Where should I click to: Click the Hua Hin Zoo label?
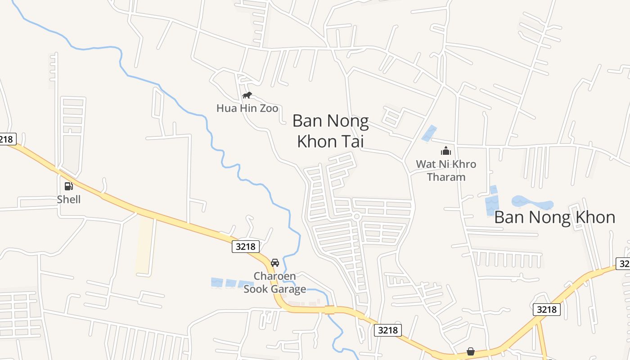pyautogui.click(x=247, y=108)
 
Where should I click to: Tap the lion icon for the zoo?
pyautogui.click(x=247, y=95)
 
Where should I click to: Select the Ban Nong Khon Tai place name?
pyautogui.click(x=330, y=131)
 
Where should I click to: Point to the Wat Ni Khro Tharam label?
pyautogui.click(x=446, y=170)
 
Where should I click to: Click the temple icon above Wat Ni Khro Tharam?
pyautogui.click(x=446, y=151)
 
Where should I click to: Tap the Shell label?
pyautogui.click(x=69, y=199)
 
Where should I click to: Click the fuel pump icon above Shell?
pyautogui.click(x=68, y=186)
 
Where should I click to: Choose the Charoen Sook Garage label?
pyautogui.click(x=274, y=282)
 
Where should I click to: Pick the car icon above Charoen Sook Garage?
pyautogui.click(x=274, y=262)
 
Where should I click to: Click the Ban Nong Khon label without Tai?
pyautogui.click(x=554, y=217)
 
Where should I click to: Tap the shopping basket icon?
pyautogui.click(x=470, y=351)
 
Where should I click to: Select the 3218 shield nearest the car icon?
pyautogui.click(x=246, y=246)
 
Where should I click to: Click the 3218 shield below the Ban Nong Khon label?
pyautogui.click(x=547, y=309)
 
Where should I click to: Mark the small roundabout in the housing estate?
pyautogui.click(x=357, y=217)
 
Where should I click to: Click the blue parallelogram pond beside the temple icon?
pyautogui.click(x=429, y=133)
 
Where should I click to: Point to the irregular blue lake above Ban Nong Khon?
pyautogui.click(x=532, y=202)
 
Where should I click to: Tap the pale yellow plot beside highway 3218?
pyautogui.click(x=144, y=245)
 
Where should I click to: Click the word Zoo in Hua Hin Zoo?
pyautogui.click(x=268, y=108)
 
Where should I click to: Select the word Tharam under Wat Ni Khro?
pyautogui.click(x=446, y=177)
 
